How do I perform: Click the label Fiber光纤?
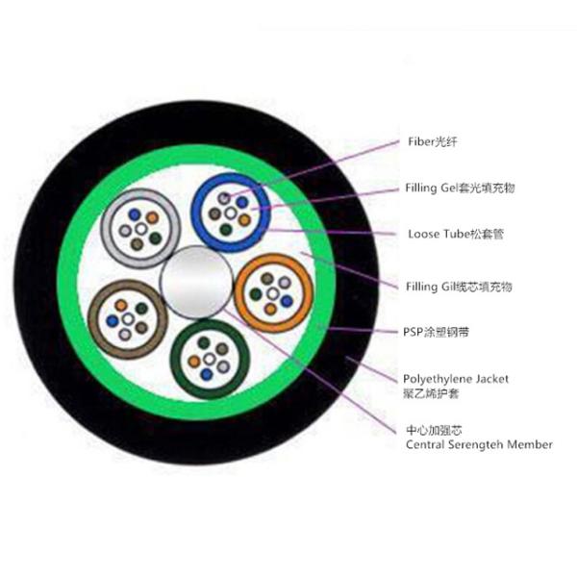tap(433, 141)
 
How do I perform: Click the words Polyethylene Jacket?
tap(456, 379)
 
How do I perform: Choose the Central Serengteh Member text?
tap(479, 444)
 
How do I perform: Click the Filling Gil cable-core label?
tap(459, 287)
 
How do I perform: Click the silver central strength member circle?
tap(196, 282)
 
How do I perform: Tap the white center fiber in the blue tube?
tap(231, 213)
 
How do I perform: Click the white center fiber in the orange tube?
tap(273, 293)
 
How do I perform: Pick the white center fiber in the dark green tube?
tap(210, 359)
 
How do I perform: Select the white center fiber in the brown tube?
tap(128, 318)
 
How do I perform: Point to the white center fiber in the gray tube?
tap(141, 229)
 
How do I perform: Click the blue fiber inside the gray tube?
tap(135, 214)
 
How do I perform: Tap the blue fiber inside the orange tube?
tap(287, 301)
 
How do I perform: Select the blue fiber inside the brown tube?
tap(113, 321)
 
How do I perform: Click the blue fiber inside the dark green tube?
tap(207, 374)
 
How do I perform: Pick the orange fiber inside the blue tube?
tap(244, 220)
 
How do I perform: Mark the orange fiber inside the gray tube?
tap(152, 218)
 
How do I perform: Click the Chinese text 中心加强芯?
tap(429, 430)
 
